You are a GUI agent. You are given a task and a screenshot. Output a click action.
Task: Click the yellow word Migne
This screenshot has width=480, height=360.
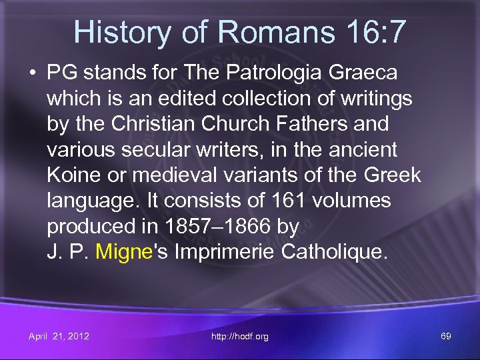125,252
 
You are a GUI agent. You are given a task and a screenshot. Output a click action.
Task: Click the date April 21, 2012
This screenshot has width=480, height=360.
59,336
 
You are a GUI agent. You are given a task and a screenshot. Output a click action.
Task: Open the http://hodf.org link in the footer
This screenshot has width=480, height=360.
239,336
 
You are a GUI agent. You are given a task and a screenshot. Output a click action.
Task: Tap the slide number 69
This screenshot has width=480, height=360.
445,336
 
